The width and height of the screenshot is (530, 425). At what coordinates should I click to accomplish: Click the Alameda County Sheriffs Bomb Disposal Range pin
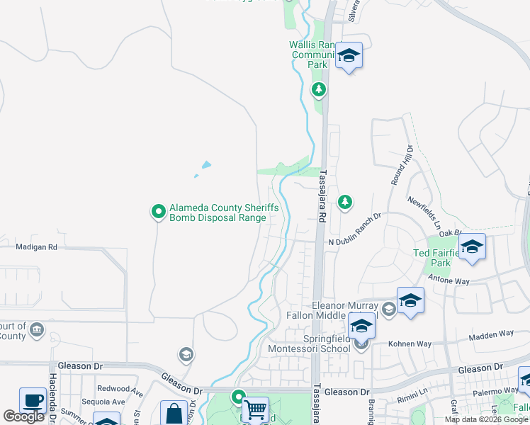(x=159, y=212)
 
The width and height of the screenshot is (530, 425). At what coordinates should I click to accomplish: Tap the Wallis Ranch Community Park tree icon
(x=319, y=89)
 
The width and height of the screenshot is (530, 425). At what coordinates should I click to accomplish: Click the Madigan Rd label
(x=35, y=247)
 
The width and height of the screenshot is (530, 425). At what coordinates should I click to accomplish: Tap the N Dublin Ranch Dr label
(x=354, y=242)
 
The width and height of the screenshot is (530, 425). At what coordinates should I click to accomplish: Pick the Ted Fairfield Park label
(x=432, y=258)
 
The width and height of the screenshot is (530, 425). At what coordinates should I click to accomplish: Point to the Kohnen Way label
(x=410, y=344)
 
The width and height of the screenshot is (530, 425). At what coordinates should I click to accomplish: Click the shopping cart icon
(x=255, y=409)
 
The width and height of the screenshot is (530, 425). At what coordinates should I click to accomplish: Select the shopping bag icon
(x=174, y=414)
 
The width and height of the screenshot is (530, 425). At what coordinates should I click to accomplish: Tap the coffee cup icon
(x=33, y=400)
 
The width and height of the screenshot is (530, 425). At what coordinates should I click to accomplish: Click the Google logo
(x=24, y=416)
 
